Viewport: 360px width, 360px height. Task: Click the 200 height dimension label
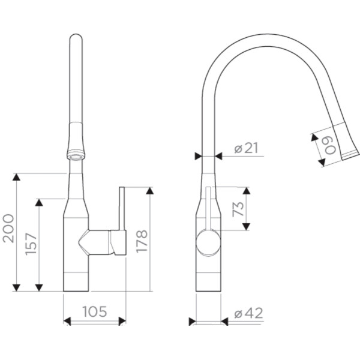click(x=8, y=229)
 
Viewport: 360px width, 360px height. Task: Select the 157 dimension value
click(x=31, y=244)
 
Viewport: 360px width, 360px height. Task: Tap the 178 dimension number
click(x=142, y=241)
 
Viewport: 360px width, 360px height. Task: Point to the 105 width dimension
click(x=95, y=311)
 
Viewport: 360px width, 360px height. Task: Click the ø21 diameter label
click(x=246, y=148)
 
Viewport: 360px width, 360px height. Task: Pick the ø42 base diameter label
click(x=248, y=313)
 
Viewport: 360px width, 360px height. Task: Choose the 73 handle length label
click(x=238, y=209)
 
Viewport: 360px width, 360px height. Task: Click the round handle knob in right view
click(x=208, y=242)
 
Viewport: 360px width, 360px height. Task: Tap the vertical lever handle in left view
click(x=122, y=208)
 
